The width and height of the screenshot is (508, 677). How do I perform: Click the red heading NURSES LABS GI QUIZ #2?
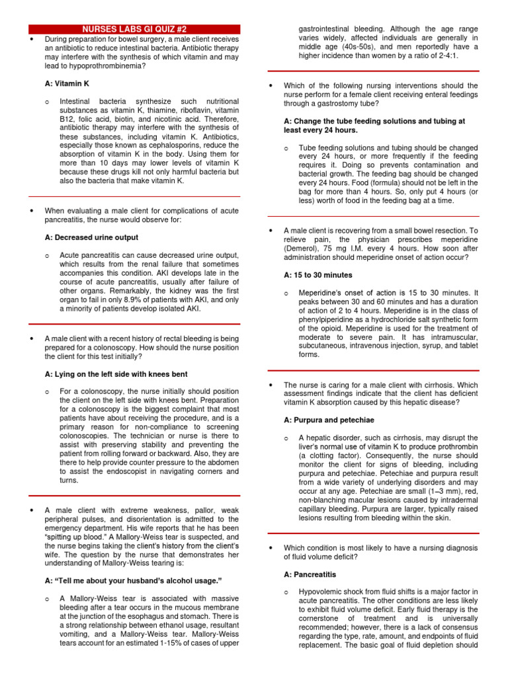134,30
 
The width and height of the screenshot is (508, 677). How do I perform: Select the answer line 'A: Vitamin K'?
67,84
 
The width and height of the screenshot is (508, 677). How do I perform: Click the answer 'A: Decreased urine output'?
91,237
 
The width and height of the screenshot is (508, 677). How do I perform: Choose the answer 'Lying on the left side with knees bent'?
116,374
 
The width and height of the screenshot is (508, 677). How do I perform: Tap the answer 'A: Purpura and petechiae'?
329,420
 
